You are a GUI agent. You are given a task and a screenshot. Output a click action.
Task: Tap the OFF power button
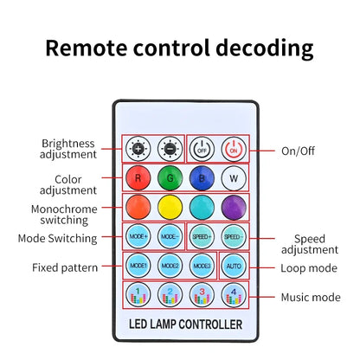coord(202,149)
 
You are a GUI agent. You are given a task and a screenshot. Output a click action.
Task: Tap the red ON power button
coord(234,149)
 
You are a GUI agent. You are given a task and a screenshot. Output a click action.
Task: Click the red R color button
coord(138,178)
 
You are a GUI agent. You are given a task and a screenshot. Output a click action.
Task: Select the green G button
coord(170,178)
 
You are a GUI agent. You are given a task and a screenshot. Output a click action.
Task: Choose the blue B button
coord(202,178)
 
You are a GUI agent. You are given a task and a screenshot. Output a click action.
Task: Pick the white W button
coord(234,178)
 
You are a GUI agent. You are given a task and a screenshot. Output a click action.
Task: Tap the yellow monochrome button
coord(170,207)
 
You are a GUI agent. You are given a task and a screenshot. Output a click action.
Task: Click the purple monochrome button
coord(234,207)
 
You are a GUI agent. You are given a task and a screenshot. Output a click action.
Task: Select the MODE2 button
coord(170,266)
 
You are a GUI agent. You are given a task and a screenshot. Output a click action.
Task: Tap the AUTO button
coord(234,266)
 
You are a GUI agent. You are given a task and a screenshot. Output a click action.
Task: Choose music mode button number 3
coord(202,295)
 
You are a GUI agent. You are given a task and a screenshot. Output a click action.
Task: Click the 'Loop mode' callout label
coord(309,268)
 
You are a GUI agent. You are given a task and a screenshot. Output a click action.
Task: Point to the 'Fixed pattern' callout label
coord(65,267)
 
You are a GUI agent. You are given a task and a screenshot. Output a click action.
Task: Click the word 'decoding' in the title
coord(265,48)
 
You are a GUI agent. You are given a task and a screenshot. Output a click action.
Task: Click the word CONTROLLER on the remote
coord(210,325)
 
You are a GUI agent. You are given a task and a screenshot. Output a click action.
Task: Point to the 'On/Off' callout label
coord(298,151)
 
